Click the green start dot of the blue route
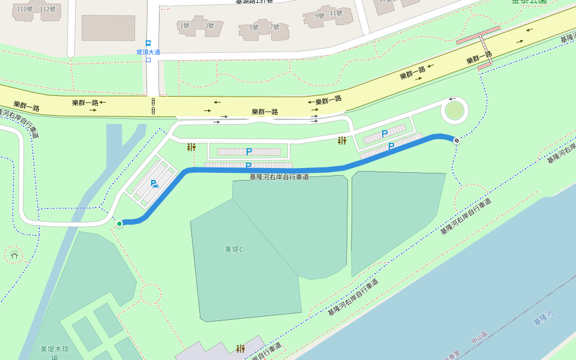tap(119, 224)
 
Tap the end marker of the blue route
tap(457, 140)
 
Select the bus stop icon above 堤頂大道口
tap(148, 43)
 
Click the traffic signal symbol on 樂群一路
tap(154, 106)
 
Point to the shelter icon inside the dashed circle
tap(14, 255)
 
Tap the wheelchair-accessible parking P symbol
tap(154, 184)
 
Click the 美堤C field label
tap(234, 249)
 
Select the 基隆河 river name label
tap(543, 317)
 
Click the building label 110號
tap(25, 9)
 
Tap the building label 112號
tap(47, 9)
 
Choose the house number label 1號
tap(184, 25)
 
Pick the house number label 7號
tap(275, 27)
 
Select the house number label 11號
tap(336, 13)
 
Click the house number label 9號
tap(320, 16)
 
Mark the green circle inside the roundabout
tap(455, 111)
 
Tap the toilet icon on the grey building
tap(241, 349)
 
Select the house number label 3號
tap(209, 25)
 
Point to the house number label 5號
tap(254, 27)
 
